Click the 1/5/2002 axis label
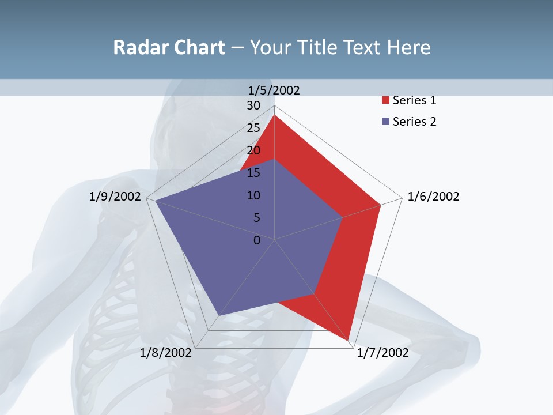(274, 90)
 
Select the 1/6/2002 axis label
(433, 197)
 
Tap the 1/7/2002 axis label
(382, 353)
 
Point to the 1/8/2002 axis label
(165, 353)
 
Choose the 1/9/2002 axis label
(115, 197)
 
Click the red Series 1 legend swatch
(385, 101)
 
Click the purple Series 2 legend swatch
(385, 122)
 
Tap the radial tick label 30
(253, 105)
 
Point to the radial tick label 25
(253, 128)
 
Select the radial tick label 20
(253, 150)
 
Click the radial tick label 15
(253, 173)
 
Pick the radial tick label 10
(253, 195)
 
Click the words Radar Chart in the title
(169, 47)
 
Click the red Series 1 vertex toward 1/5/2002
(275, 115)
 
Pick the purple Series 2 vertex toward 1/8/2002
(218, 316)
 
